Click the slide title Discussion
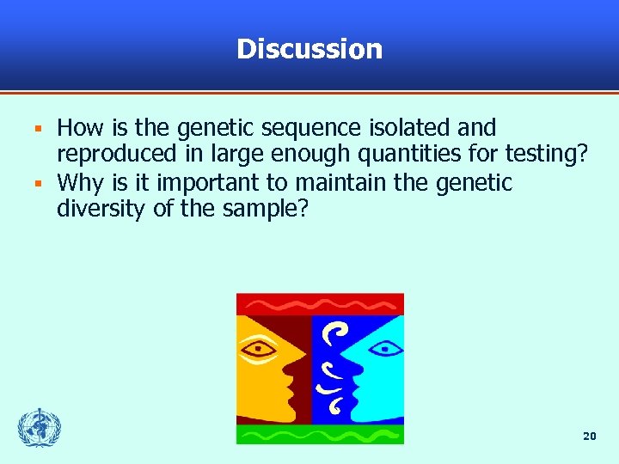[x=309, y=49]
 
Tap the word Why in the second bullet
[x=79, y=183]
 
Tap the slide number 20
[x=589, y=437]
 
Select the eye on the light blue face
[x=381, y=348]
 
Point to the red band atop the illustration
[x=320, y=304]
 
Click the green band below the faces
[x=320, y=434]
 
